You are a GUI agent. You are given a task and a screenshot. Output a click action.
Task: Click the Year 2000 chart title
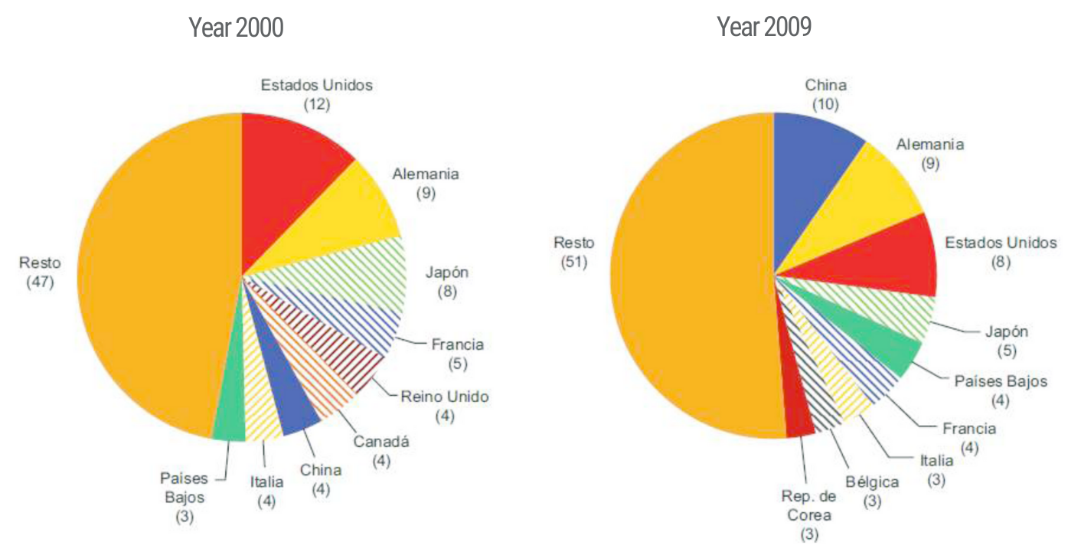click(x=236, y=28)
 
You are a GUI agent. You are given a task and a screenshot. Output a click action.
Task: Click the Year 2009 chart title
click(x=764, y=28)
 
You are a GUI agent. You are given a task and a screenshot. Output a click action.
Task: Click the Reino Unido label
click(x=444, y=397)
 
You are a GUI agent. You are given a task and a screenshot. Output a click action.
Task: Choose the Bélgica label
click(x=872, y=482)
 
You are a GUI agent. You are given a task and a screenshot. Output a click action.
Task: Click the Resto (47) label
click(x=39, y=263)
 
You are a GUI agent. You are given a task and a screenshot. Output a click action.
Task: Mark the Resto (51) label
click(x=573, y=243)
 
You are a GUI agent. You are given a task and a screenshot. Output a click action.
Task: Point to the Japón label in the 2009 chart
click(x=1006, y=331)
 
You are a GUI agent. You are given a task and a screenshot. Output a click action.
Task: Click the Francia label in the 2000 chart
click(x=458, y=344)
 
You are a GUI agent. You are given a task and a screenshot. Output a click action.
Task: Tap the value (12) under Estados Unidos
click(x=316, y=104)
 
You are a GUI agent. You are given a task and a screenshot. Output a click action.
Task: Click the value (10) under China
click(x=825, y=104)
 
